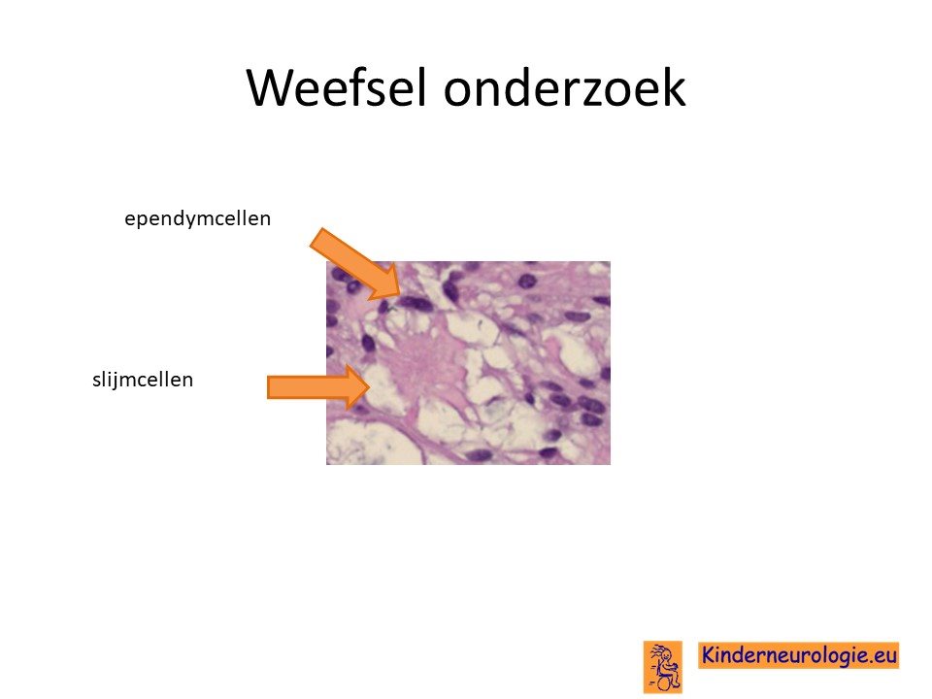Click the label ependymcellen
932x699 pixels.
pyautogui.click(x=197, y=218)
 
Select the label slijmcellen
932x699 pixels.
pyautogui.click(x=143, y=380)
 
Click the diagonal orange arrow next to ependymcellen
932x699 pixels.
pyautogui.click(x=355, y=263)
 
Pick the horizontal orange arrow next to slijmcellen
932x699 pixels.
pyautogui.click(x=318, y=387)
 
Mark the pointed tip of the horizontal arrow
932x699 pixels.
pyautogui.click(x=370, y=387)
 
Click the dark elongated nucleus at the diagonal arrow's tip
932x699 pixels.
pyautogui.click(x=416, y=304)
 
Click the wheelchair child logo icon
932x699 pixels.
pyautogui.click(x=663, y=666)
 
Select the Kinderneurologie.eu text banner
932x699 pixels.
pyautogui.click(x=798, y=655)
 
